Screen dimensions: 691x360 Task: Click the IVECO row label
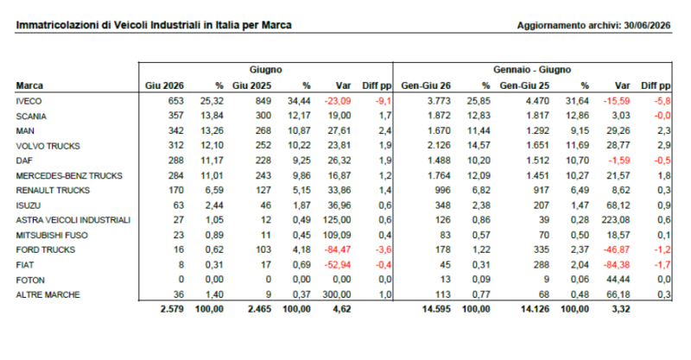point(29,101)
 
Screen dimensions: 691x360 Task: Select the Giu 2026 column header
point(164,85)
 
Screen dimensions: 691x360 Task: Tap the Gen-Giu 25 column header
point(524,85)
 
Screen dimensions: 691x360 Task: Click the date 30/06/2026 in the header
point(647,26)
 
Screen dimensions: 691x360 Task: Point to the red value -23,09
point(338,101)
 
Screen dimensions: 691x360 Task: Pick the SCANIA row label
point(31,117)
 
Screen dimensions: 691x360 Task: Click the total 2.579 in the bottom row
point(172,309)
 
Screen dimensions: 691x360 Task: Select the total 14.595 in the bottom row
point(436,309)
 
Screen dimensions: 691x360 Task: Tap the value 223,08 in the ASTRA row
point(616,220)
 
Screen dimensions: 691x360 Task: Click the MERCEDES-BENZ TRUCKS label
point(69,176)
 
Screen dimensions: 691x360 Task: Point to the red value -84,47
point(338,249)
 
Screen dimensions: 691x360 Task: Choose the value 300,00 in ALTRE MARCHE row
point(337,294)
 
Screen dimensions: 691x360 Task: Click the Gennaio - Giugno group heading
point(532,70)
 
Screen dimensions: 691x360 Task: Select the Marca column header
point(29,85)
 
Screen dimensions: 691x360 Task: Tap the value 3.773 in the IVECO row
point(439,101)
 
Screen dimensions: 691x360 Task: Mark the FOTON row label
point(30,281)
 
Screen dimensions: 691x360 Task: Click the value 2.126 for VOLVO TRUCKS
point(439,145)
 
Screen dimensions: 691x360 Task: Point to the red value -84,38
point(617,265)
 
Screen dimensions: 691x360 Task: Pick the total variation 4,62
point(342,309)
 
